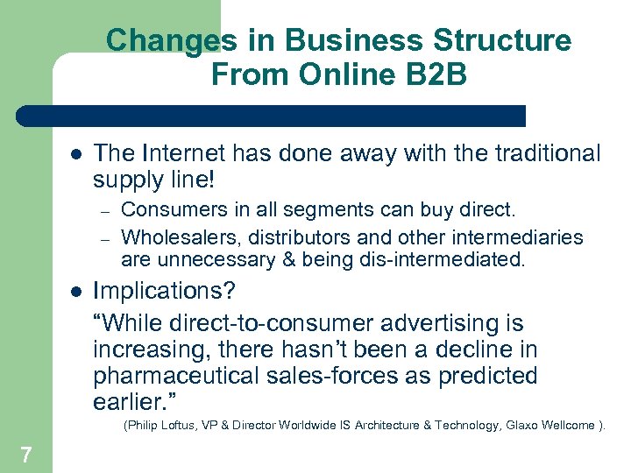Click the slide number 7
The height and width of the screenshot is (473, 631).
click(x=26, y=454)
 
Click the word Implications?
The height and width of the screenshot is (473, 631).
click(x=164, y=290)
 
